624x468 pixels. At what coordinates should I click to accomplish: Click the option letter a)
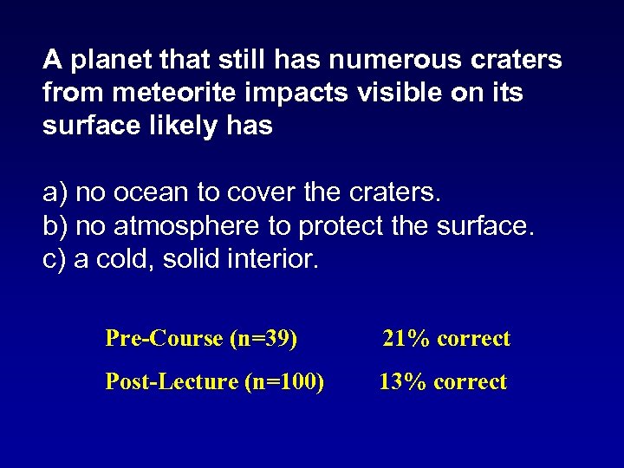tap(55, 192)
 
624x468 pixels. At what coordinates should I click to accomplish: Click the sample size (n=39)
tap(263, 338)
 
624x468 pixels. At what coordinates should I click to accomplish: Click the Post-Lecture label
tap(172, 381)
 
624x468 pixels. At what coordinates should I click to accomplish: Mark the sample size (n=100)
tap(284, 381)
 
